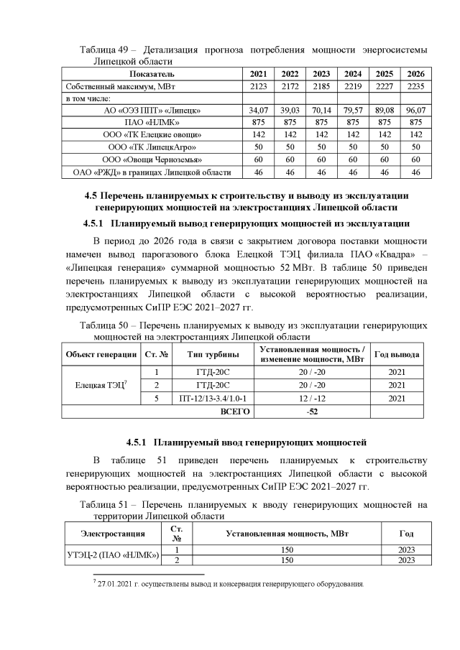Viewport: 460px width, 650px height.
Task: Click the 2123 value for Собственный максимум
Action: pyautogui.click(x=257, y=86)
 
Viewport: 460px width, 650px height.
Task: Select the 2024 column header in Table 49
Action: pyautogui.click(x=353, y=74)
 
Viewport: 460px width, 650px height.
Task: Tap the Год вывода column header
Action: pyautogui.click(x=395, y=355)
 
